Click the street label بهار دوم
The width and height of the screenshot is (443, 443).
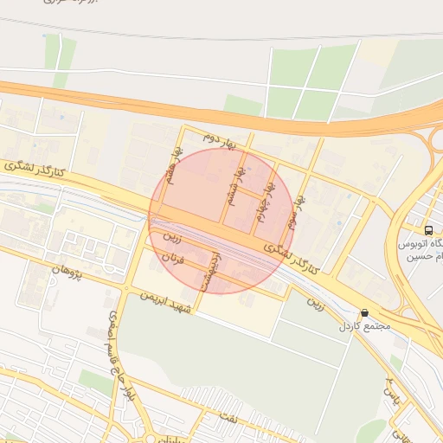tap(219, 138)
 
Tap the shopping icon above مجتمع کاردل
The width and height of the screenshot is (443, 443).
tap(364, 313)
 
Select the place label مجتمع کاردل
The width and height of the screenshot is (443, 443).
tap(367, 327)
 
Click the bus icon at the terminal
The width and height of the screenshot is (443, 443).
tap(428, 230)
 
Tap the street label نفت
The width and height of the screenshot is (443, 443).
tap(254, 418)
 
